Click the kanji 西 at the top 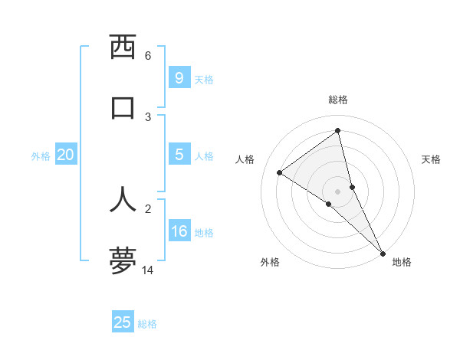(x=123, y=47)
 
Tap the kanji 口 (x=123, y=107)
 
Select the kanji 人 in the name (x=123, y=198)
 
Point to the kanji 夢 (x=123, y=260)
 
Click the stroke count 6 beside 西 (x=148, y=56)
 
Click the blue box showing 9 (x=179, y=78)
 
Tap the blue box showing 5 (x=179, y=155)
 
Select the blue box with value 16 (x=179, y=231)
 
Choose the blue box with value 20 (x=66, y=155)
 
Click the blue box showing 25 (x=123, y=322)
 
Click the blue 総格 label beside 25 (x=147, y=324)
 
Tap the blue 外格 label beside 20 (x=41, y=156)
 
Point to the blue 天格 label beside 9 (x=204, y=80)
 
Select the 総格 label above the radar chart (x=338, y=100)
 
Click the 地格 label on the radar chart (x=402, y=262)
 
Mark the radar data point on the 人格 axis (x=280, y=172)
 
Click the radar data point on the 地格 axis (x=382, y=253)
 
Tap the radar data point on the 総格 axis (x=338, y=130)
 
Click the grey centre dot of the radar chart (x=338, y=191)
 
